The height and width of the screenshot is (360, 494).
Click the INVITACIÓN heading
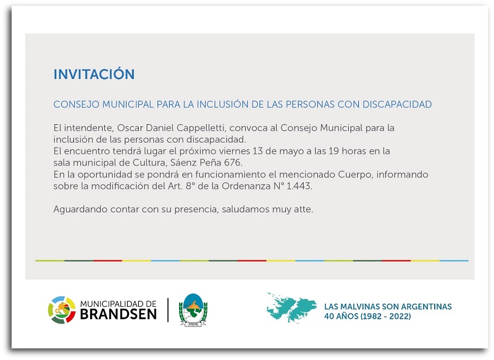coord(94,73)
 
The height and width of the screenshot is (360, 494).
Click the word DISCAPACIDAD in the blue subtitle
coord(397,104)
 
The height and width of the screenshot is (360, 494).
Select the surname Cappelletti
coord(201,128)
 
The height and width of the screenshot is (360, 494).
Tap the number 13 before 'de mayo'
coord(257,151)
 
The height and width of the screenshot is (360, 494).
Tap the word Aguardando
coord(80,209)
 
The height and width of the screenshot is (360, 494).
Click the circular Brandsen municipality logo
coord(62,310)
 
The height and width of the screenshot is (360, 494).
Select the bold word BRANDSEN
coord(119,314)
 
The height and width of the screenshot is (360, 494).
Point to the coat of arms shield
coord(193,309)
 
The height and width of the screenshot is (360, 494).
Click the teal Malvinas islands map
coord(291,308)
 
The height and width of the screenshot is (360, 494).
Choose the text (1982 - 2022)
coord(385,316)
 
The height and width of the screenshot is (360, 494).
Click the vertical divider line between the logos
coord(168,310)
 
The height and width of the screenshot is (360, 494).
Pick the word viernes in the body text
coord(235,151)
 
